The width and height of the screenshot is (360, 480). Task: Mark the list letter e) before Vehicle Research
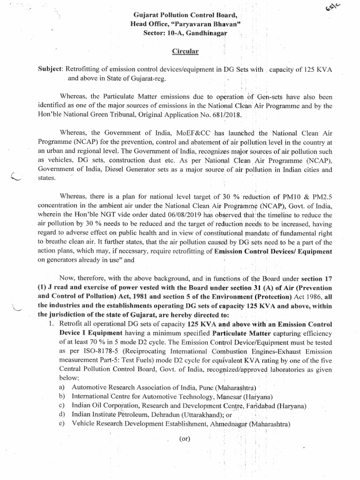[x=62, y=424]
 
